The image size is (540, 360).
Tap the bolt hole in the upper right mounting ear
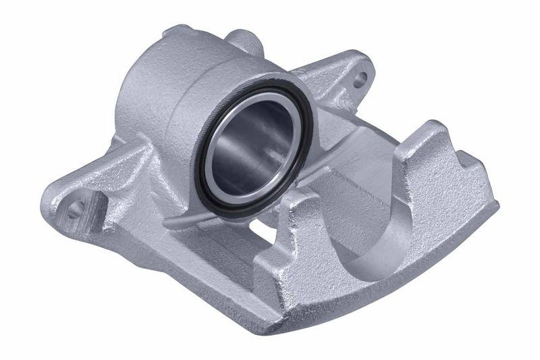[361, 78]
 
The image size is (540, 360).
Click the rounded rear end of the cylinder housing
[135, 101]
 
